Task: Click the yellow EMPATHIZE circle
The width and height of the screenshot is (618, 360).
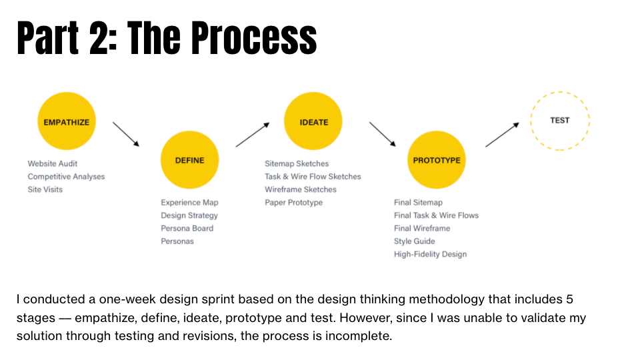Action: tap(66, 122)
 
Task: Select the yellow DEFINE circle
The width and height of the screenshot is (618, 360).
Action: tap(189, 160)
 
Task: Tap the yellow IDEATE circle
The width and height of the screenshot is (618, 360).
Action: tap(314, 122)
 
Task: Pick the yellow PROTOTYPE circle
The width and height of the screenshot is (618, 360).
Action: tap(436, 160)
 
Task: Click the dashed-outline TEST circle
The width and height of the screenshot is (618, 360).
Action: tap(559, 121)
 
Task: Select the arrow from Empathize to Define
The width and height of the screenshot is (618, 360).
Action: tap(126, 133)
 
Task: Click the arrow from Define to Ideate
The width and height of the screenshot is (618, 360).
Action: tap(253, 134)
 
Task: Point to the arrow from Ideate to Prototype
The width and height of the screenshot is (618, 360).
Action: tap(383, 133)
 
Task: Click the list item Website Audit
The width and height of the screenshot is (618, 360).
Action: tap(53, 163)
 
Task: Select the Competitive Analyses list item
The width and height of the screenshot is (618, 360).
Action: tap(66, 177)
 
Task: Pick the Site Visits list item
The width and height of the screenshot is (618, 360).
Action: tap(45, 189)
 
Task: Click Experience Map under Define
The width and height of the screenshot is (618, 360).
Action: tap(189, 202)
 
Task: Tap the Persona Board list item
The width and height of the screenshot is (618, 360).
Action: tap(187, 228)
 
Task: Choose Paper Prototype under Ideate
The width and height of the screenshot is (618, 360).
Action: tap(293, 202)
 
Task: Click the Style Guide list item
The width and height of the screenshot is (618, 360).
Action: tap(414, 241)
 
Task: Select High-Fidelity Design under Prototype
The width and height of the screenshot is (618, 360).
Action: tap(430, 254)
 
